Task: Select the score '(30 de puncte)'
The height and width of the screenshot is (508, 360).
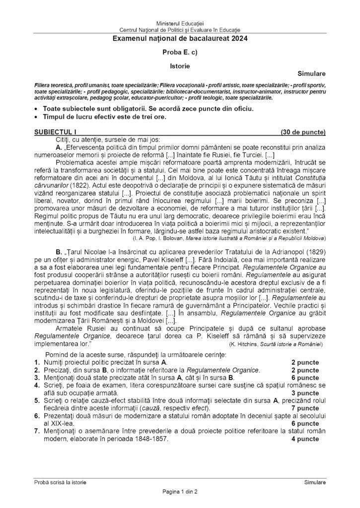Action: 303,132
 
